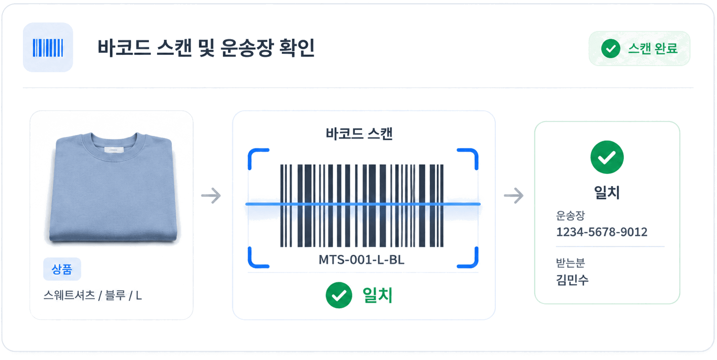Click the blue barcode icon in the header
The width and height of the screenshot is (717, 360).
tap(48, 48)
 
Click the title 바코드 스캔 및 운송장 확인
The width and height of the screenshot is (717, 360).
tap(206, 48)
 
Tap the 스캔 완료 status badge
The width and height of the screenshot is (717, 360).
tap(639, 48)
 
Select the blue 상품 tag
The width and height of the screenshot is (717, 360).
tap(62, 269)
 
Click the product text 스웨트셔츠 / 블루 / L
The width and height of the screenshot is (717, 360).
tap(93, 295)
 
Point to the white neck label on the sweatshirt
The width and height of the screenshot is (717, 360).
tap(114, 149)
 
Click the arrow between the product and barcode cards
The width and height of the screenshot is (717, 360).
tap(211, 196)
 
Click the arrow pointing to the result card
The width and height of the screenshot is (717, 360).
tap(514, 196)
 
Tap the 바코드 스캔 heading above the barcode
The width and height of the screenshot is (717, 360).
tap(359, 133)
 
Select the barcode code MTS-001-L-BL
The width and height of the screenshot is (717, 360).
tap(362, 259)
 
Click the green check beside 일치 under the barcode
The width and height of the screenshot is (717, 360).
tap(339, 295)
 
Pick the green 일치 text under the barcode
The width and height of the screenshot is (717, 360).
tap(377, 295)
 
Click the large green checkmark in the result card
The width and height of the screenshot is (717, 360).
tap(607, 157)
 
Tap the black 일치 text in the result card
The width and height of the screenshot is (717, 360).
tap(607, 193)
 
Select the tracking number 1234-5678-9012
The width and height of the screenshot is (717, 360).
tap(602, 232)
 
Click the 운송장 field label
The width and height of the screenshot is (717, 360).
tap(571, 216)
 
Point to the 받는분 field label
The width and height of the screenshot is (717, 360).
tap(571, 263)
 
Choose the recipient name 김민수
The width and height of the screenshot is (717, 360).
tap(572, 280)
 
